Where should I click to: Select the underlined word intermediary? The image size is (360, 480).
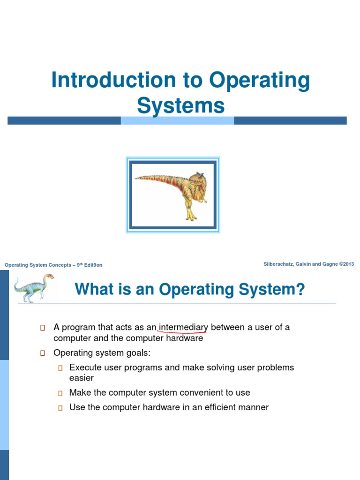coord(183,327)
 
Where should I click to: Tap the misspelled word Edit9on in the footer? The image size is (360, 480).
coord(93,265)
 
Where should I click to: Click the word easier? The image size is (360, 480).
coord(82,378)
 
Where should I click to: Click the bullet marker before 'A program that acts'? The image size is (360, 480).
coord(42,328)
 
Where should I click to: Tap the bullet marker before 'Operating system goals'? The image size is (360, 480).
coord(42,353)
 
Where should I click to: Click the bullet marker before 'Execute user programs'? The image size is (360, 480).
coord(60,368)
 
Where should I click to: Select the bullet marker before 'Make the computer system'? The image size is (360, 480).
coord(60,393)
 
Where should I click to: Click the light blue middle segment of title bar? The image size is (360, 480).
coord(177,120)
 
